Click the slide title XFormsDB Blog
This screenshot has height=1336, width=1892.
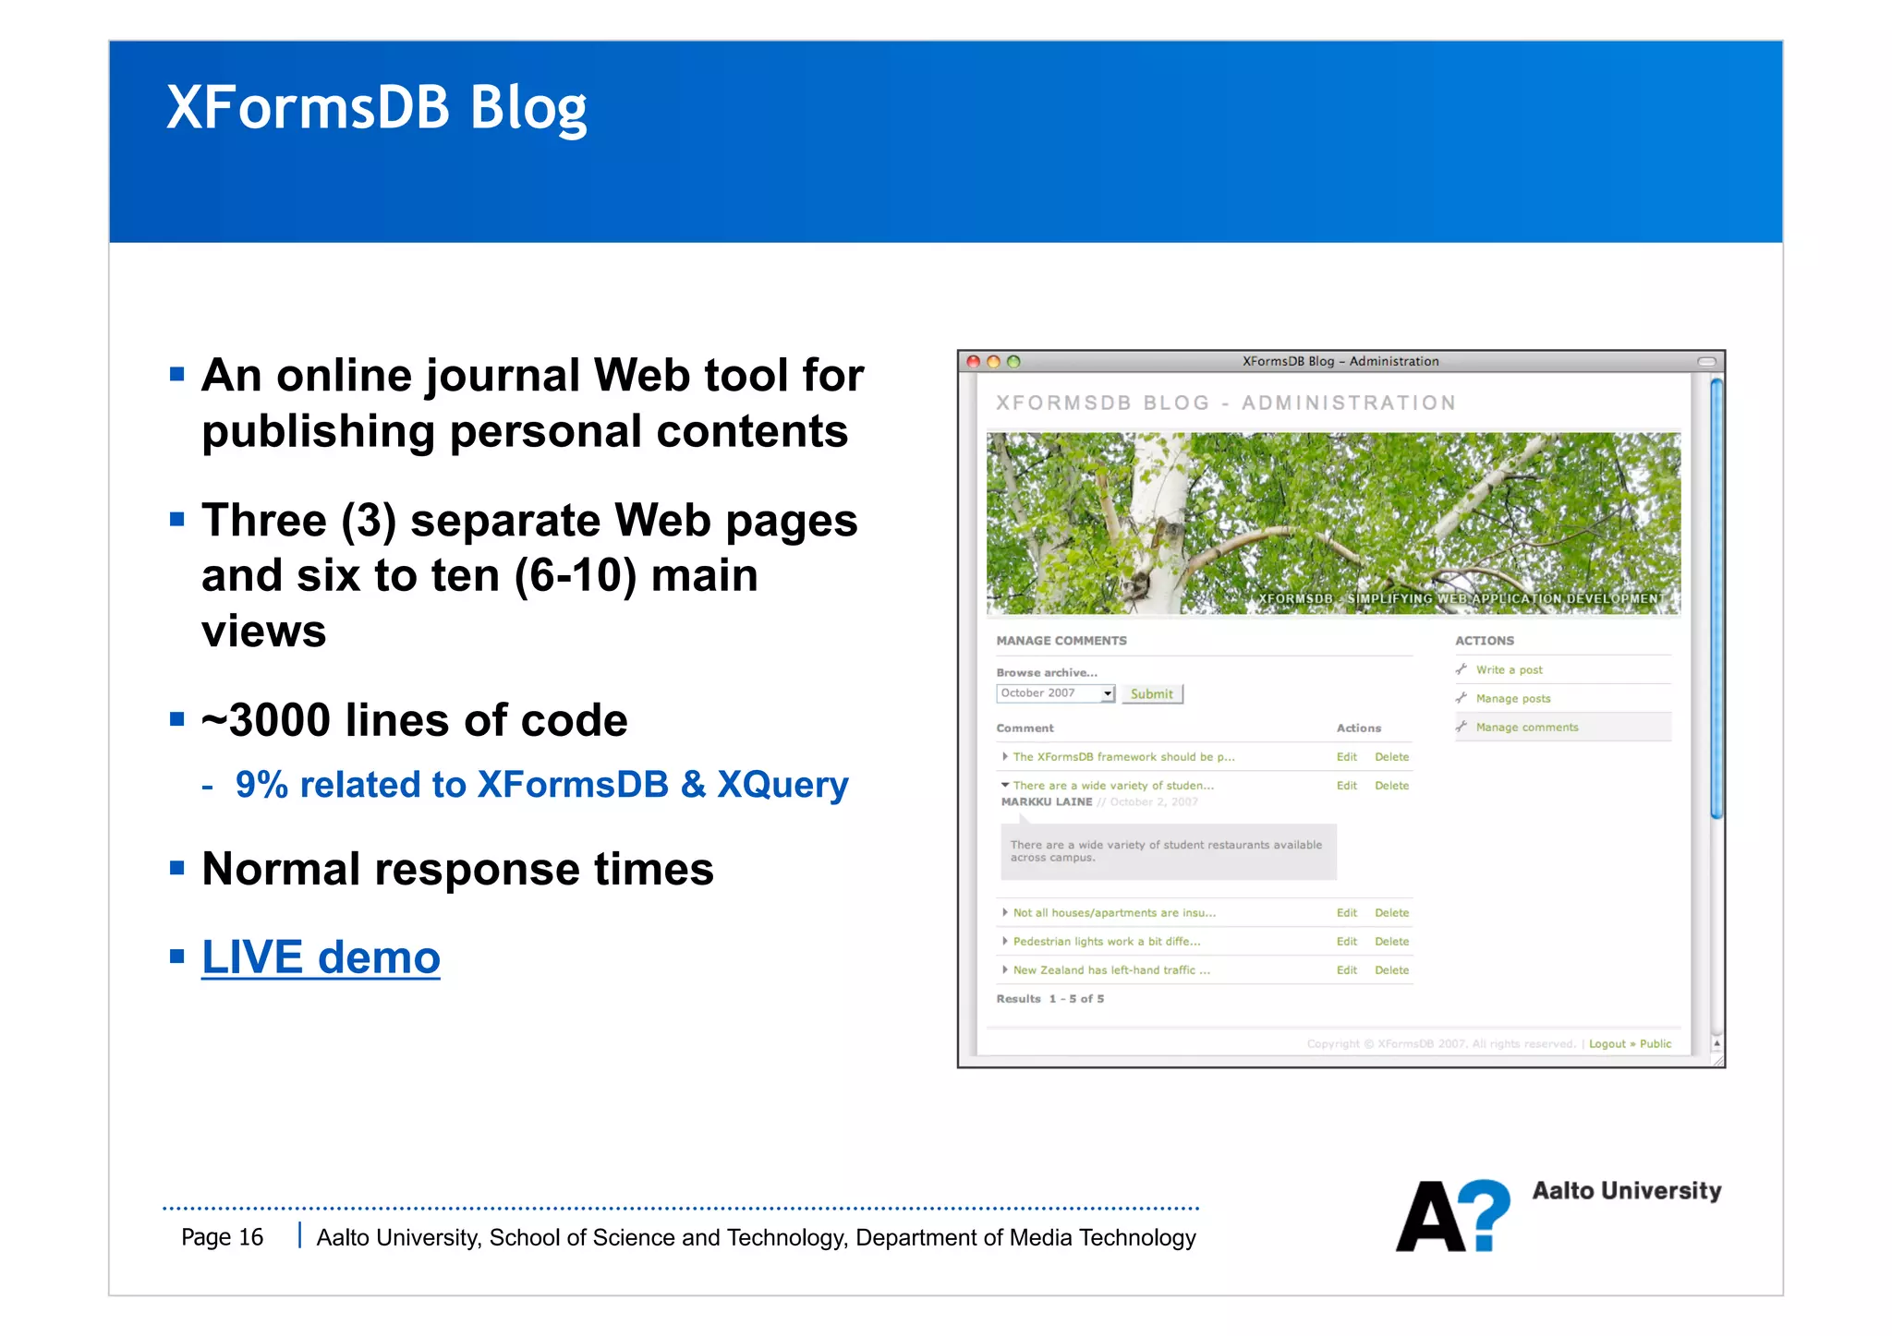tap(376, 109)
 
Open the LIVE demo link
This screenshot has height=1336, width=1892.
tap(321, 957)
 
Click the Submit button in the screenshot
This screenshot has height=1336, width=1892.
tap(1151, 694)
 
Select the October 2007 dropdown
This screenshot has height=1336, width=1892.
tap(1056, 693)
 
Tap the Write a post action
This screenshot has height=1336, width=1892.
tap(1509, 670)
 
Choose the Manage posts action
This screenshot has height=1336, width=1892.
tap(1512, 699)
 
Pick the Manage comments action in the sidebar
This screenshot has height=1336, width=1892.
tap(1526, 728)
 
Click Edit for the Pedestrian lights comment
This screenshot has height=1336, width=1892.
tap(1346, 942)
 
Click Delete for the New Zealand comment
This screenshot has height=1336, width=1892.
tap(1391, 970)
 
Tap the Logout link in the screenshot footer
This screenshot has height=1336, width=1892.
tap(1607, 1044)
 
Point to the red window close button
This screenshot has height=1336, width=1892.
tap(973, 362)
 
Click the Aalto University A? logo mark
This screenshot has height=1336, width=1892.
tap(1451, 1216)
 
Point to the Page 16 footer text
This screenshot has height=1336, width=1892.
tap(222, 1237)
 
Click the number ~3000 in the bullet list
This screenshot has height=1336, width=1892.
tap(268, 721)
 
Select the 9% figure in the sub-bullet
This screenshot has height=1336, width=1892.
tap(261, 785)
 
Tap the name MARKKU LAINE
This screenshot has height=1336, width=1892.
tap(1046, 802)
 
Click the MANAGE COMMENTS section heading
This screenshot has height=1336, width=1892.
tap(1061, 641)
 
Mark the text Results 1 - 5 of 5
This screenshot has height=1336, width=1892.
tap(1049, 999)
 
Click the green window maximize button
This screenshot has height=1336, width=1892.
tap(1013, 362)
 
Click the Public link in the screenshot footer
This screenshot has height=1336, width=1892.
tap(1655, 1044)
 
